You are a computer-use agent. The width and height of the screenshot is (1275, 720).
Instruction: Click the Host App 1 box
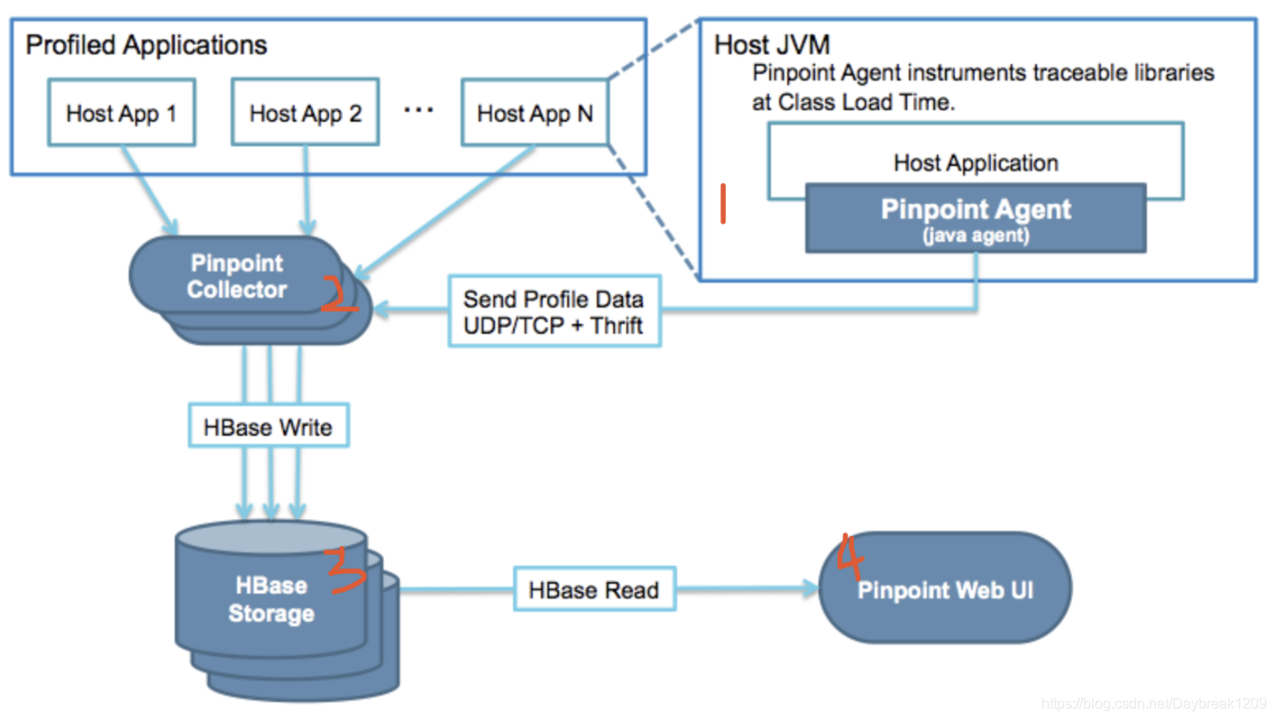coord(121,114)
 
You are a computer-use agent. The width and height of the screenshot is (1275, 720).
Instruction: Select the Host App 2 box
coord(305,114)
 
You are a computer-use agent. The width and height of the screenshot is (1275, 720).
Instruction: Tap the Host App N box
coord(535,114)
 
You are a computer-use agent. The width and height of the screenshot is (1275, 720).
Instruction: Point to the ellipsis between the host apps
coord(418,110)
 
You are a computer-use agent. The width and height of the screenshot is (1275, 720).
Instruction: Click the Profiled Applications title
coord(146,45)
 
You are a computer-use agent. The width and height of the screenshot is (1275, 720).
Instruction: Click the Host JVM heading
coord(772,44)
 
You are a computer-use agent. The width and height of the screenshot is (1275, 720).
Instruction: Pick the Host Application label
coord(976,163)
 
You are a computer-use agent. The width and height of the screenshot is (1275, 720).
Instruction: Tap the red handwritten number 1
coord(723,204)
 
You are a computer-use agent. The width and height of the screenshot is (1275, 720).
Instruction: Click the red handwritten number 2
coord(339,294)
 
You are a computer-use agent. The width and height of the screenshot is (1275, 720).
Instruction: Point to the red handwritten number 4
coord(850,556)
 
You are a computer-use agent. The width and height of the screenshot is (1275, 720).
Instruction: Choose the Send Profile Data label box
coord(554,311)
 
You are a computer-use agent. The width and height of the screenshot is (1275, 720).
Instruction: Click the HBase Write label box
coord(268,427)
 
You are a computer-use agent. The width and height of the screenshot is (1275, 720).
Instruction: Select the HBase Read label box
coord(593,590)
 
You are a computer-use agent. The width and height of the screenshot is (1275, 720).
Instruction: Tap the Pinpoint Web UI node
coord(945,590)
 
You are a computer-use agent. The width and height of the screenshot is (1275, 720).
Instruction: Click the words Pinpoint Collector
coord(237,277)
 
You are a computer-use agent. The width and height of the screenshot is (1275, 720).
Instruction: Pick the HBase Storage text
coord(271,599)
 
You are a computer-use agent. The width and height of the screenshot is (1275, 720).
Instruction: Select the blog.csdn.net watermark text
coord(1152,703)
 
